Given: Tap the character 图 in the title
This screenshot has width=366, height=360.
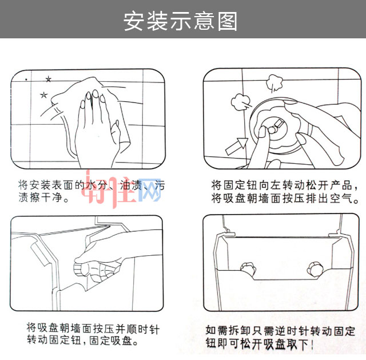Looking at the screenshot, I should (227, 21).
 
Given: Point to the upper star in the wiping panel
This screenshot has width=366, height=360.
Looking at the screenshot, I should (48, 79).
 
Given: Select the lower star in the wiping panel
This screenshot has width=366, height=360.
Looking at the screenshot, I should (43, 94).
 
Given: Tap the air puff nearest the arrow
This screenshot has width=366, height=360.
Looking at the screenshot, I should (239, 105).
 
